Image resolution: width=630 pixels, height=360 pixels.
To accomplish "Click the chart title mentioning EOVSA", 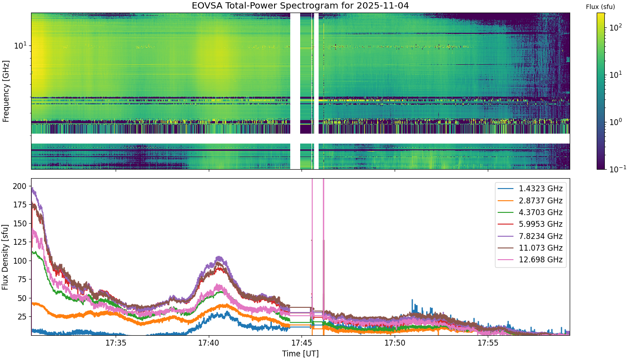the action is pos(300,5).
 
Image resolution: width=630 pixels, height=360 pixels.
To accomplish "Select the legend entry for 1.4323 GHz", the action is pos(530,189).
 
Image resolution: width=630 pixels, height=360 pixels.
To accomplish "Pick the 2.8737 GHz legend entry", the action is pos(530,201).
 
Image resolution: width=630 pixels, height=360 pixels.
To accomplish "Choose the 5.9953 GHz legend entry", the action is pos(530,224).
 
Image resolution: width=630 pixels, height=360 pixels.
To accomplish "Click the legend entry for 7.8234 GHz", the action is pos(530,236).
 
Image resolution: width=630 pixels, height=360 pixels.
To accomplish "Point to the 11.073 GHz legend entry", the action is pos(530,248).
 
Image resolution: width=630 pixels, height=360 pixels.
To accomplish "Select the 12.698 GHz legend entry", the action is pos(530,260).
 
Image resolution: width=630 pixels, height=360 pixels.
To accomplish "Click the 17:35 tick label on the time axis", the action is pos(116,343).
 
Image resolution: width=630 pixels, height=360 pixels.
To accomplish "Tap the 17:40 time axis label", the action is pos(209,343).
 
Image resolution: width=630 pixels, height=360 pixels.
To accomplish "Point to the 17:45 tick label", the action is pos(302,343).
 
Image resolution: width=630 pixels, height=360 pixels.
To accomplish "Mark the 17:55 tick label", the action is pos(488,343).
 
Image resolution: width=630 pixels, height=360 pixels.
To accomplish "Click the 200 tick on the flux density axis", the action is pos(20,186).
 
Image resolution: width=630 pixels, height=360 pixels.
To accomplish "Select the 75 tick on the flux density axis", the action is pos(22,279).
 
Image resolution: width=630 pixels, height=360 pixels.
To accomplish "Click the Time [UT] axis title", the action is pos(301,354).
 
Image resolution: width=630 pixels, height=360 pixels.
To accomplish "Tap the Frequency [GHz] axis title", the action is pos(6,91).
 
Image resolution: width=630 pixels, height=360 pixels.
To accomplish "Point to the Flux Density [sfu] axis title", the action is pos(5,257).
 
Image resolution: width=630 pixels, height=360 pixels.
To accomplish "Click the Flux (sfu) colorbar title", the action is pos(600,7).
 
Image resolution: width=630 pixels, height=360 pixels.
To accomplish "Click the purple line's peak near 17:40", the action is pos(220,257).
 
